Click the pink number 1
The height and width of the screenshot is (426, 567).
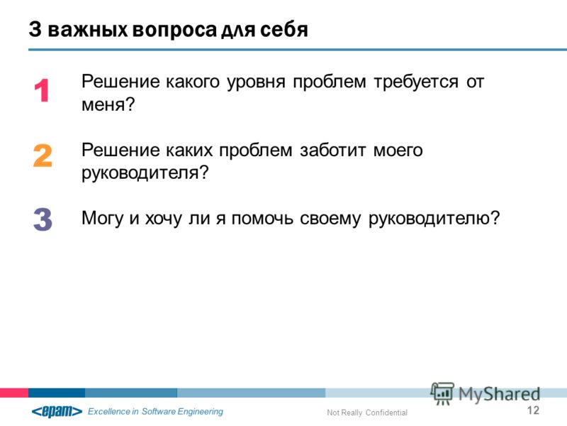click(42, 91)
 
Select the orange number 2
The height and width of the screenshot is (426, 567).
click(43, 155)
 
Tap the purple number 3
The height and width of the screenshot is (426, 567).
click(43, 219)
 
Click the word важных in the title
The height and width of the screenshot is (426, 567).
click(87, 29)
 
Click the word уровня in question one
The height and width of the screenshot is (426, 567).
click(256, 82)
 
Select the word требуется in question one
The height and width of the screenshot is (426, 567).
click(416, 82)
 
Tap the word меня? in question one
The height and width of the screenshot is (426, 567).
click(108, 104)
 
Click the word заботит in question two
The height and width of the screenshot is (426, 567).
click(332, 151)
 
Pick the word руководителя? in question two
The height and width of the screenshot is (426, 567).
click(145, 173)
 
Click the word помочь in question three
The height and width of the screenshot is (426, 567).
click(262, 219)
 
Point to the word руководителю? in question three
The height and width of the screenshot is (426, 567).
click(434, 219)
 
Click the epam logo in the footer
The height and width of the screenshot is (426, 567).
click(57, 411)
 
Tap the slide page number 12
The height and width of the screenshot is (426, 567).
click(533, 410)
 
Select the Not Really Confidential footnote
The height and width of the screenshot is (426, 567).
click(367, 413)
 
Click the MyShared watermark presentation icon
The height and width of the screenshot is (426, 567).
click(442, 393)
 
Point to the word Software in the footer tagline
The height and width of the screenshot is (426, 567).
click(158, 412)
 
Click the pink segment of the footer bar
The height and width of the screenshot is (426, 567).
click(14, 393)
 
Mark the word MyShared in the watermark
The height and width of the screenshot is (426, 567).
click(500, 394)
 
